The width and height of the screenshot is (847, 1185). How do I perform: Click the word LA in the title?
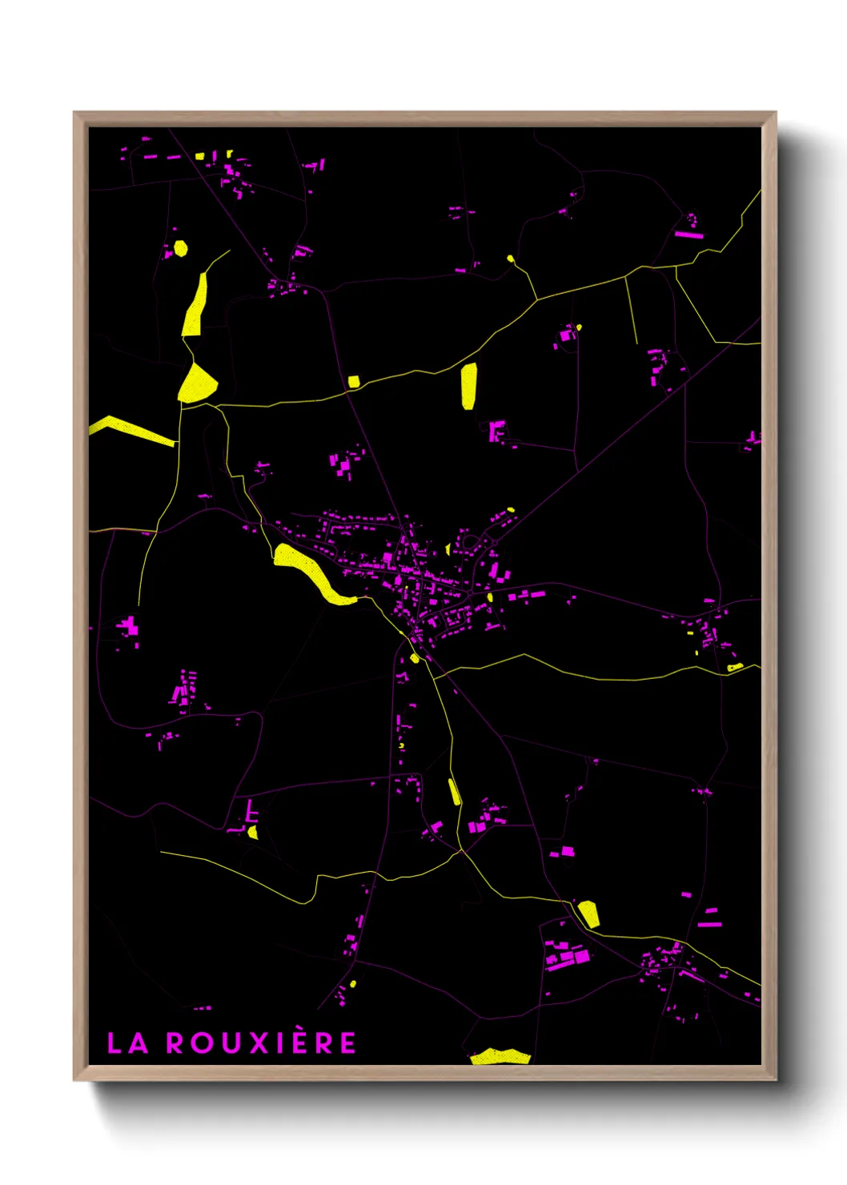pos(127,1043)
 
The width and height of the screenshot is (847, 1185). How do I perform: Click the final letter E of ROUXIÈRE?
pos(347,1043)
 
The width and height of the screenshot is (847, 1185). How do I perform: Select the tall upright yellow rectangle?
pos(468,386)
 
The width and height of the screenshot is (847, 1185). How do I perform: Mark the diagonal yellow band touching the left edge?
pos(132,431)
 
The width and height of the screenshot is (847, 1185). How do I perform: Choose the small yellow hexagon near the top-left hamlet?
pos(181,248)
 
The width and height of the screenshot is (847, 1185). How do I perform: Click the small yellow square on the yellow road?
pos(353,382)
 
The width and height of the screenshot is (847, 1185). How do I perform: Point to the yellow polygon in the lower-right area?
pos(588,914)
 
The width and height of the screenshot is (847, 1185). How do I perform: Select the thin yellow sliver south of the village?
pos(454,792)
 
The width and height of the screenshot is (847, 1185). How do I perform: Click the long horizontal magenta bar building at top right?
pos(688,235)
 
